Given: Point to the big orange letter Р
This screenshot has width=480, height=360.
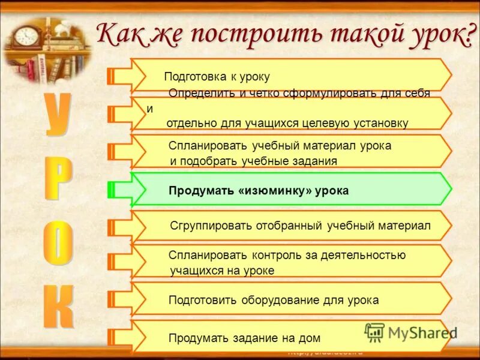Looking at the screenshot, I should (x=58, y=179).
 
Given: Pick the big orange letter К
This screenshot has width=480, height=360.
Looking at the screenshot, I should (x=59, y=305).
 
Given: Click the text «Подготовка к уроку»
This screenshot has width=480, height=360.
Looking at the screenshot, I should (x=217, y=77).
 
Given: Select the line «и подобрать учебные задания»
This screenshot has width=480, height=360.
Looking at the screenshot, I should (x=253, y=161).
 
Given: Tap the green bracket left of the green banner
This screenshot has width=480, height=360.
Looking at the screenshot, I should (x=112, y=190).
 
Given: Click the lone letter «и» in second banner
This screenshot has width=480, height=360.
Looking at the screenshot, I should (x=149, y=109).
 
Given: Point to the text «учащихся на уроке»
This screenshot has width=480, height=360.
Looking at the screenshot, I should (x=222, y=271).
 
